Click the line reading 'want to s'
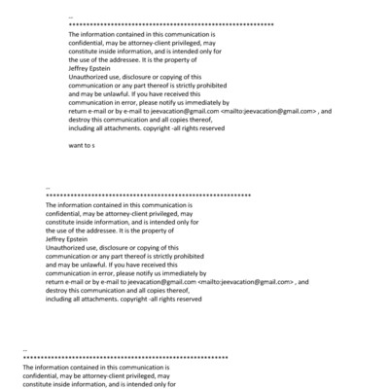point(81,144)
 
